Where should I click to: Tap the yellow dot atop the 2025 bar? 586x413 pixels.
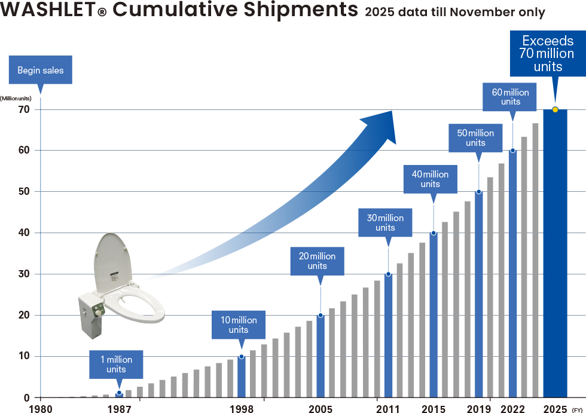click(555, 109)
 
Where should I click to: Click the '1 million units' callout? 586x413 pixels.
click(116, 364)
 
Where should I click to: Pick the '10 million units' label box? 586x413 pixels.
click(239, 325)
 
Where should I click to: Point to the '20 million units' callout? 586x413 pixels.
click(317, 261)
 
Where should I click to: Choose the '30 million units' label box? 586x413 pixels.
click(385, 222)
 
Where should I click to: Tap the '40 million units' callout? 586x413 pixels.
click(430, 179)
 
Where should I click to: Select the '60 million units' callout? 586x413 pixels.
click(510, 97)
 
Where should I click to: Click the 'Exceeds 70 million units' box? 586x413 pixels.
click(548, 53)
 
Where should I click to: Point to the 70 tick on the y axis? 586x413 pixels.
click(24, 109)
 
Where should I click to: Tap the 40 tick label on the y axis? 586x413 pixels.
click(24, 233)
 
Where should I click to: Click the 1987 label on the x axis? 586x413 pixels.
click(120, 408)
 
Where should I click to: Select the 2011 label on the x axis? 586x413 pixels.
click(388, 408)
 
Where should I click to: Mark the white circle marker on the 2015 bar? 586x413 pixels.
click(434, 233)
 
